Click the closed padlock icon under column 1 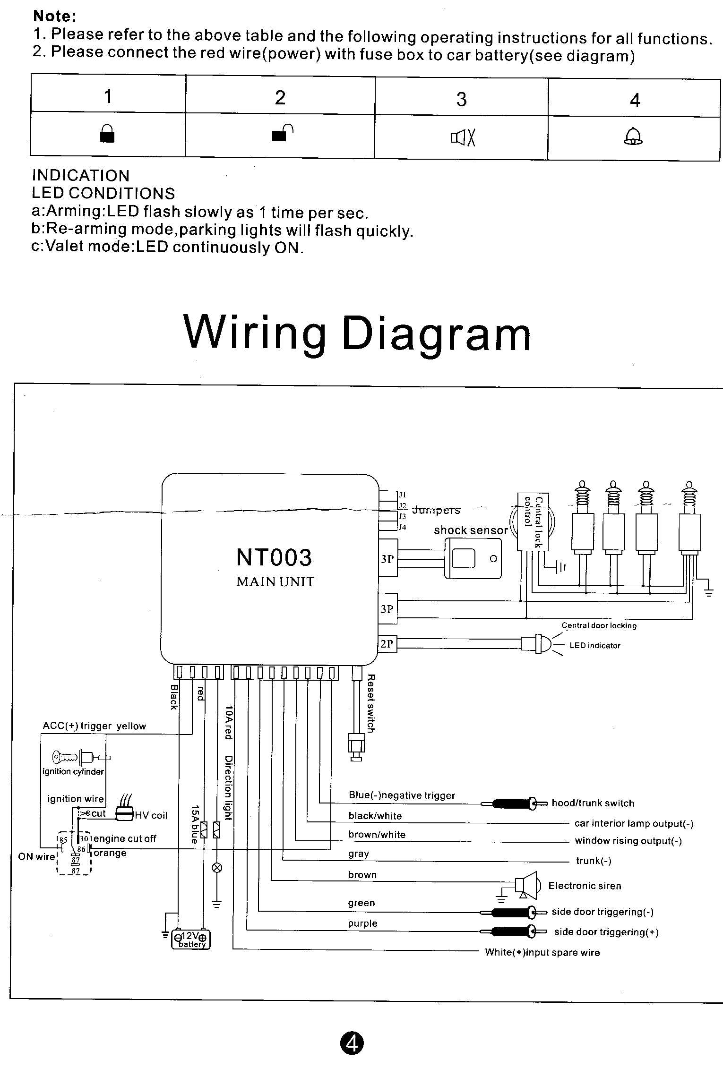[x=107, y=134]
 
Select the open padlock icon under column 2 [x=282, y=133]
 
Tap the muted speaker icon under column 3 [x=463, y=138]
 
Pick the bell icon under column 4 [x=633, y=137]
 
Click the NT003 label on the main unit [x=274, y=557]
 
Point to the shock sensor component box [x=473, y=559]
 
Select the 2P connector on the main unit [x=387, y=644]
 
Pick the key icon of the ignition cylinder [x=65, y=758]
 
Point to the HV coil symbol [x=124, y=814]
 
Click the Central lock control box [x=533, y=522]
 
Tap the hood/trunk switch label [x=593, y=803]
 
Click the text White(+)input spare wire [x=542, y=952]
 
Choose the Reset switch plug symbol [x=356, y=745]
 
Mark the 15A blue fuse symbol [x=204, y=830]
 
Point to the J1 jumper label [x=402, y=495]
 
